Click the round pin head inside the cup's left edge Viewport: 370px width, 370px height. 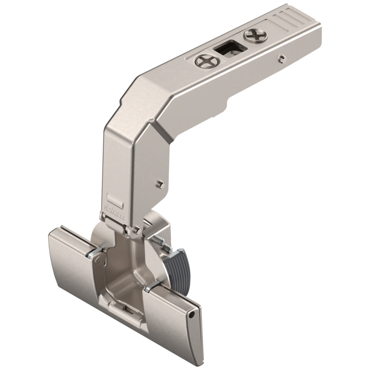click(x=98, y=260)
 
